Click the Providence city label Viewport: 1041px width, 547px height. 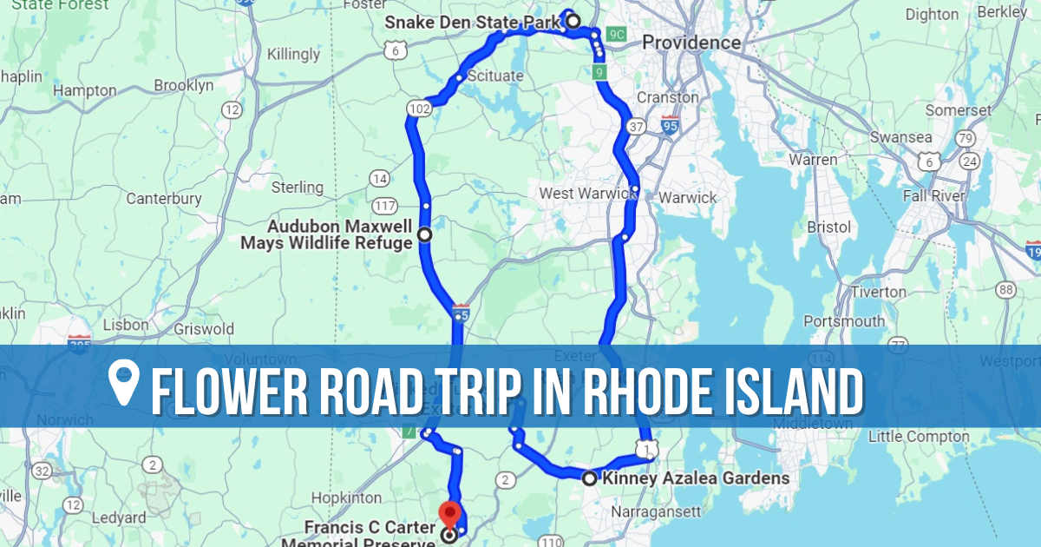point(691,43)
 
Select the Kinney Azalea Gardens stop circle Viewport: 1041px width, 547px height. point(589,478)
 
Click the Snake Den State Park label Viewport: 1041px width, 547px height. point(472,22)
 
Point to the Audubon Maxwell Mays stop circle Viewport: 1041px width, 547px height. point(424,234)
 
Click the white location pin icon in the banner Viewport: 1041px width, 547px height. point(125,383)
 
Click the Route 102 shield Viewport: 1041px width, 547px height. point(419,109)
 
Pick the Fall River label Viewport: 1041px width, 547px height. point(933,196)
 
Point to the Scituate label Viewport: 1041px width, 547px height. point(495,76)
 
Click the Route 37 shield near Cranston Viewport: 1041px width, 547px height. point(636,127)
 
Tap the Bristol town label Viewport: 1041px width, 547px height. point(828,227)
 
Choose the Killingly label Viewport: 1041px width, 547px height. point(294,54)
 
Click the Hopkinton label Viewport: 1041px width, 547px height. point(347,498)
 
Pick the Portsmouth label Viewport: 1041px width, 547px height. point(844,321)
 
